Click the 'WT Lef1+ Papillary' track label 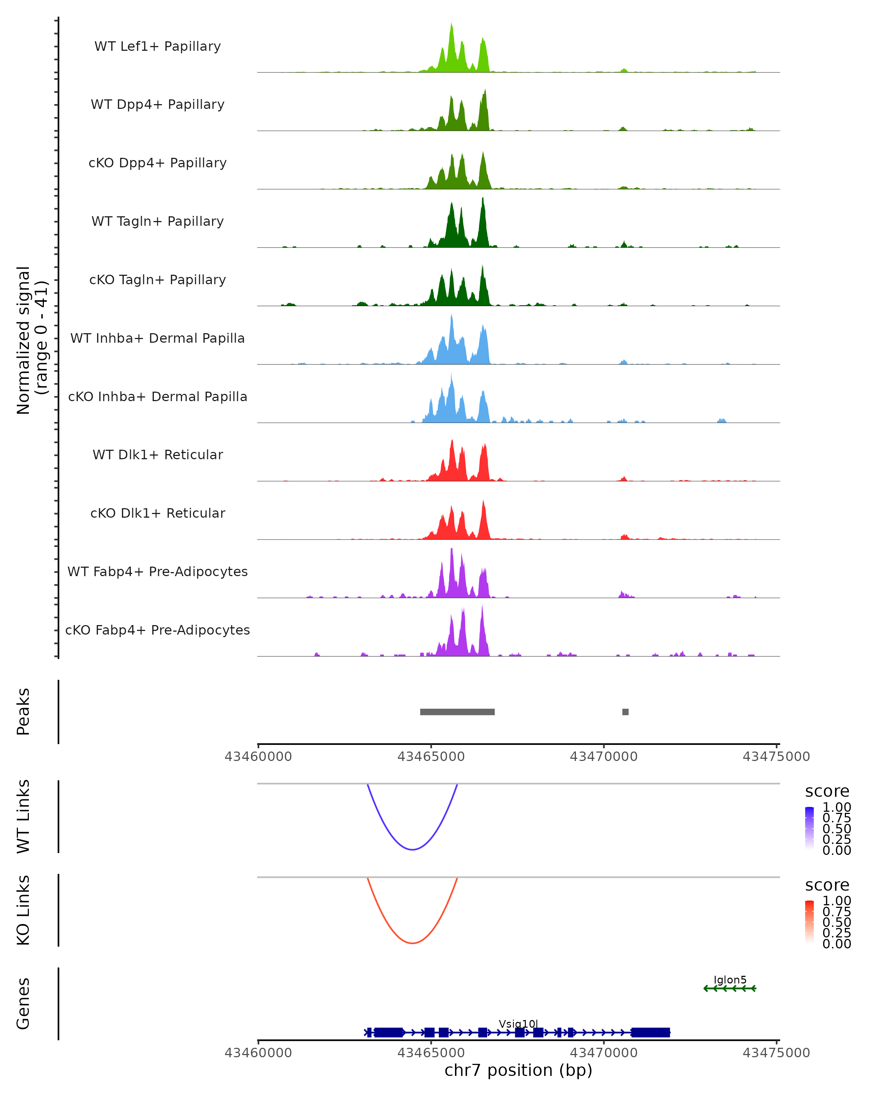(x=157, y=46)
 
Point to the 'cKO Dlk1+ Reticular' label (x=157, y=513)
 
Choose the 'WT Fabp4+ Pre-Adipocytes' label (x=157, y=571)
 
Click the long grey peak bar (x=457, y=712)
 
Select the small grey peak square (x=625, y=712)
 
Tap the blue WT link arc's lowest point (x=412, y=849)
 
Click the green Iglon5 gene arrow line (x=730, y=988)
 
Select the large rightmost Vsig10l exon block (x=650, y=1032)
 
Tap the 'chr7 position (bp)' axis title (x=518, y=1070)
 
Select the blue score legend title (x=827, y=792)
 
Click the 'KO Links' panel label (x=23, y=910)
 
